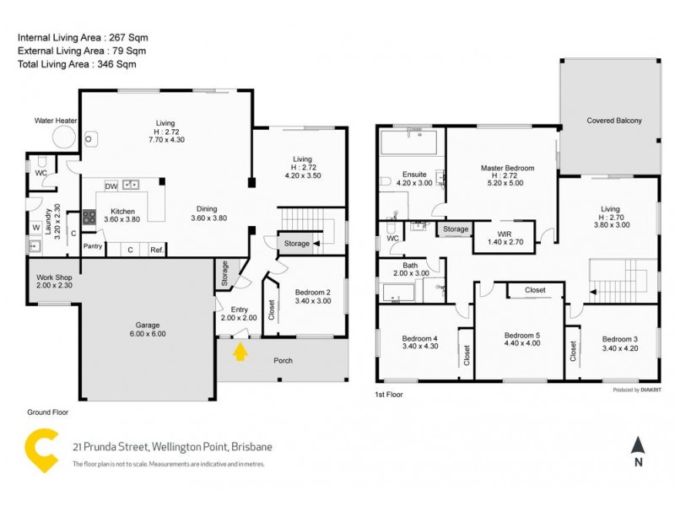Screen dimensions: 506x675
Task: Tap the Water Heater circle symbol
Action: [x=64, y=137]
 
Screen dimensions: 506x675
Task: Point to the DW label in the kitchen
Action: [x=111, y=186]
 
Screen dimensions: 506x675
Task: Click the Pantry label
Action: [x=93, y=246]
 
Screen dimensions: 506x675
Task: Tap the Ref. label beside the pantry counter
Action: [x=156, y=250]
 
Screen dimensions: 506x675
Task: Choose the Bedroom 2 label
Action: [x=312, y=292]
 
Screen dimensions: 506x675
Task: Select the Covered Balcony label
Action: [x=614, y=121]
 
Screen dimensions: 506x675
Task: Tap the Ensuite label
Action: [x=414, y=174]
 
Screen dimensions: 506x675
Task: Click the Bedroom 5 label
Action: [x=522, y=333]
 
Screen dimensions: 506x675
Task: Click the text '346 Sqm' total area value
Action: [x=118, y=64]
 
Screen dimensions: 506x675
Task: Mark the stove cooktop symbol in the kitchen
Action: [x=89, y=217]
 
